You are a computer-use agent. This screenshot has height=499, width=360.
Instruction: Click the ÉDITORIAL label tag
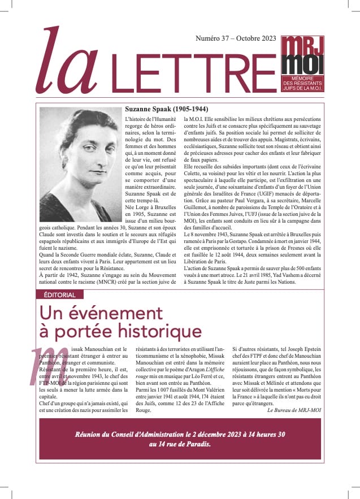(x=59, y=294)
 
